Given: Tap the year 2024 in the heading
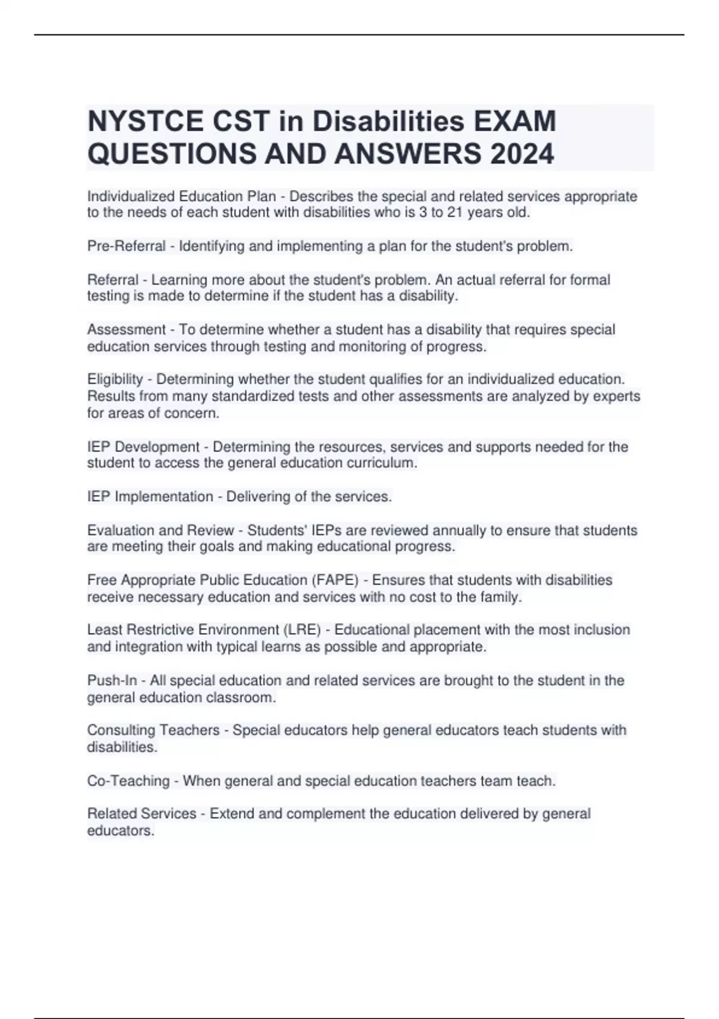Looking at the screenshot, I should [522, 154].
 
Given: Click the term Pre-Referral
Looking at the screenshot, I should [126, 246].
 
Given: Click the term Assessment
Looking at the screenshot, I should [126, 330].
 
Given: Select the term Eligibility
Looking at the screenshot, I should [115, 379].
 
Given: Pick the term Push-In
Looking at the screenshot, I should [112, 681].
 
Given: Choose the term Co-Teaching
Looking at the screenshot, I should [128, 781].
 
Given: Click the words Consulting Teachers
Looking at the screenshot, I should [153, 730].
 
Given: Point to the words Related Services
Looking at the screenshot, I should [141, 814].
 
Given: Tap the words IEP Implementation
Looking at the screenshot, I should [150, 497].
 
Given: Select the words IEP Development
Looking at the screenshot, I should [143, 447].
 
